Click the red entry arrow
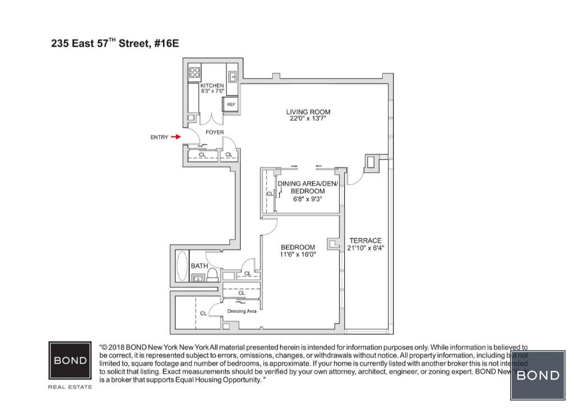175,137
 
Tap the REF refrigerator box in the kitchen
230,104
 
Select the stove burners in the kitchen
195,72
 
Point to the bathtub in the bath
182,266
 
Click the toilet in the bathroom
212,274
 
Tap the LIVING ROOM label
308,112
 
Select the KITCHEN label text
212,86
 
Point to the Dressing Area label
242,311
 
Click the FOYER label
215,133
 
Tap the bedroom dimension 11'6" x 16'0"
298,254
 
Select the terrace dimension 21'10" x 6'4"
365,248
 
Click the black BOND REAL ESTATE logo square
71,361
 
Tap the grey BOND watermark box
538,375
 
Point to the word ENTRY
159,137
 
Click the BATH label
198,266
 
